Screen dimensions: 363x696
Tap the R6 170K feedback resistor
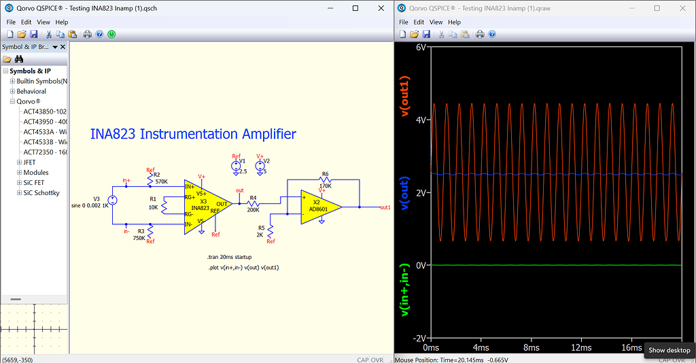click(325, 180)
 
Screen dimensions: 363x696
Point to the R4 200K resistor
click(254, 203)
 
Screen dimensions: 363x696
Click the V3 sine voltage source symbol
click(113, 200)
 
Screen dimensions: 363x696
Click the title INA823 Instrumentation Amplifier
click(193, 134)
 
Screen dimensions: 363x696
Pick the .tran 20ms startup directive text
click(229, 258)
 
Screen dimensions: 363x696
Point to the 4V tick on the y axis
click(420, 120)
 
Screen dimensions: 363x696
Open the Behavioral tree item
click(31, 91)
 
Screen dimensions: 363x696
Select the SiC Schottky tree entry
click(41, 193)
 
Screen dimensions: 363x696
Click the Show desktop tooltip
click(669, 350)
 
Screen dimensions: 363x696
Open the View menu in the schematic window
click(43, 22)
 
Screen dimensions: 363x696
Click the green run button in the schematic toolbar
click(111, 34)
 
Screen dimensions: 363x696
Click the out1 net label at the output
click(385, 207)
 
